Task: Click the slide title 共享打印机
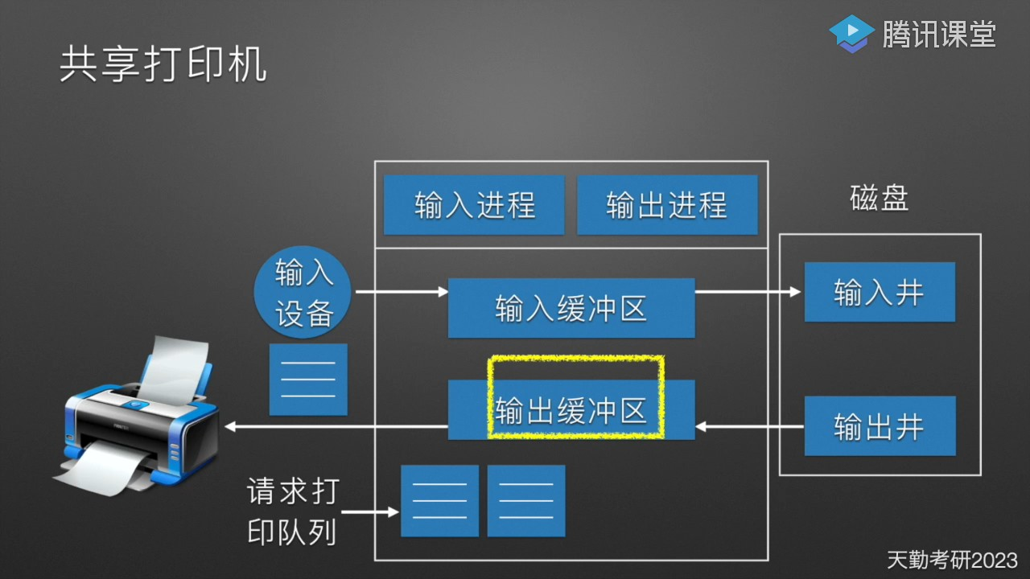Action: point(163,65)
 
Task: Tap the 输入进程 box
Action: point(474,205)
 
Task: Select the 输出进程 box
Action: point(667,205)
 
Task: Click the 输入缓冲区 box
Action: point(571,308)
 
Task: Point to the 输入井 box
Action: point(880,292)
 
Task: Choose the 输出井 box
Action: point(880,426)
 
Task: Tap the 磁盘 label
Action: point(880,198)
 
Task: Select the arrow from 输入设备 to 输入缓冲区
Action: point(401,292)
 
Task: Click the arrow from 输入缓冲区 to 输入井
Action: point(748,292)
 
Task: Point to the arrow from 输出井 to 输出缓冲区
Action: point(748,426)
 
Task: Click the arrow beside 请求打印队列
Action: point(370,511)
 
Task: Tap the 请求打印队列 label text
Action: point(293,511)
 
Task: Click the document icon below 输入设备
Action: point(308,380)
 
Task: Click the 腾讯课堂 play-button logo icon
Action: point(851,34)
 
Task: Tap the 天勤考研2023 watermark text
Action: point(952,560)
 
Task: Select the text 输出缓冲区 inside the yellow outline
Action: point(571,411)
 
